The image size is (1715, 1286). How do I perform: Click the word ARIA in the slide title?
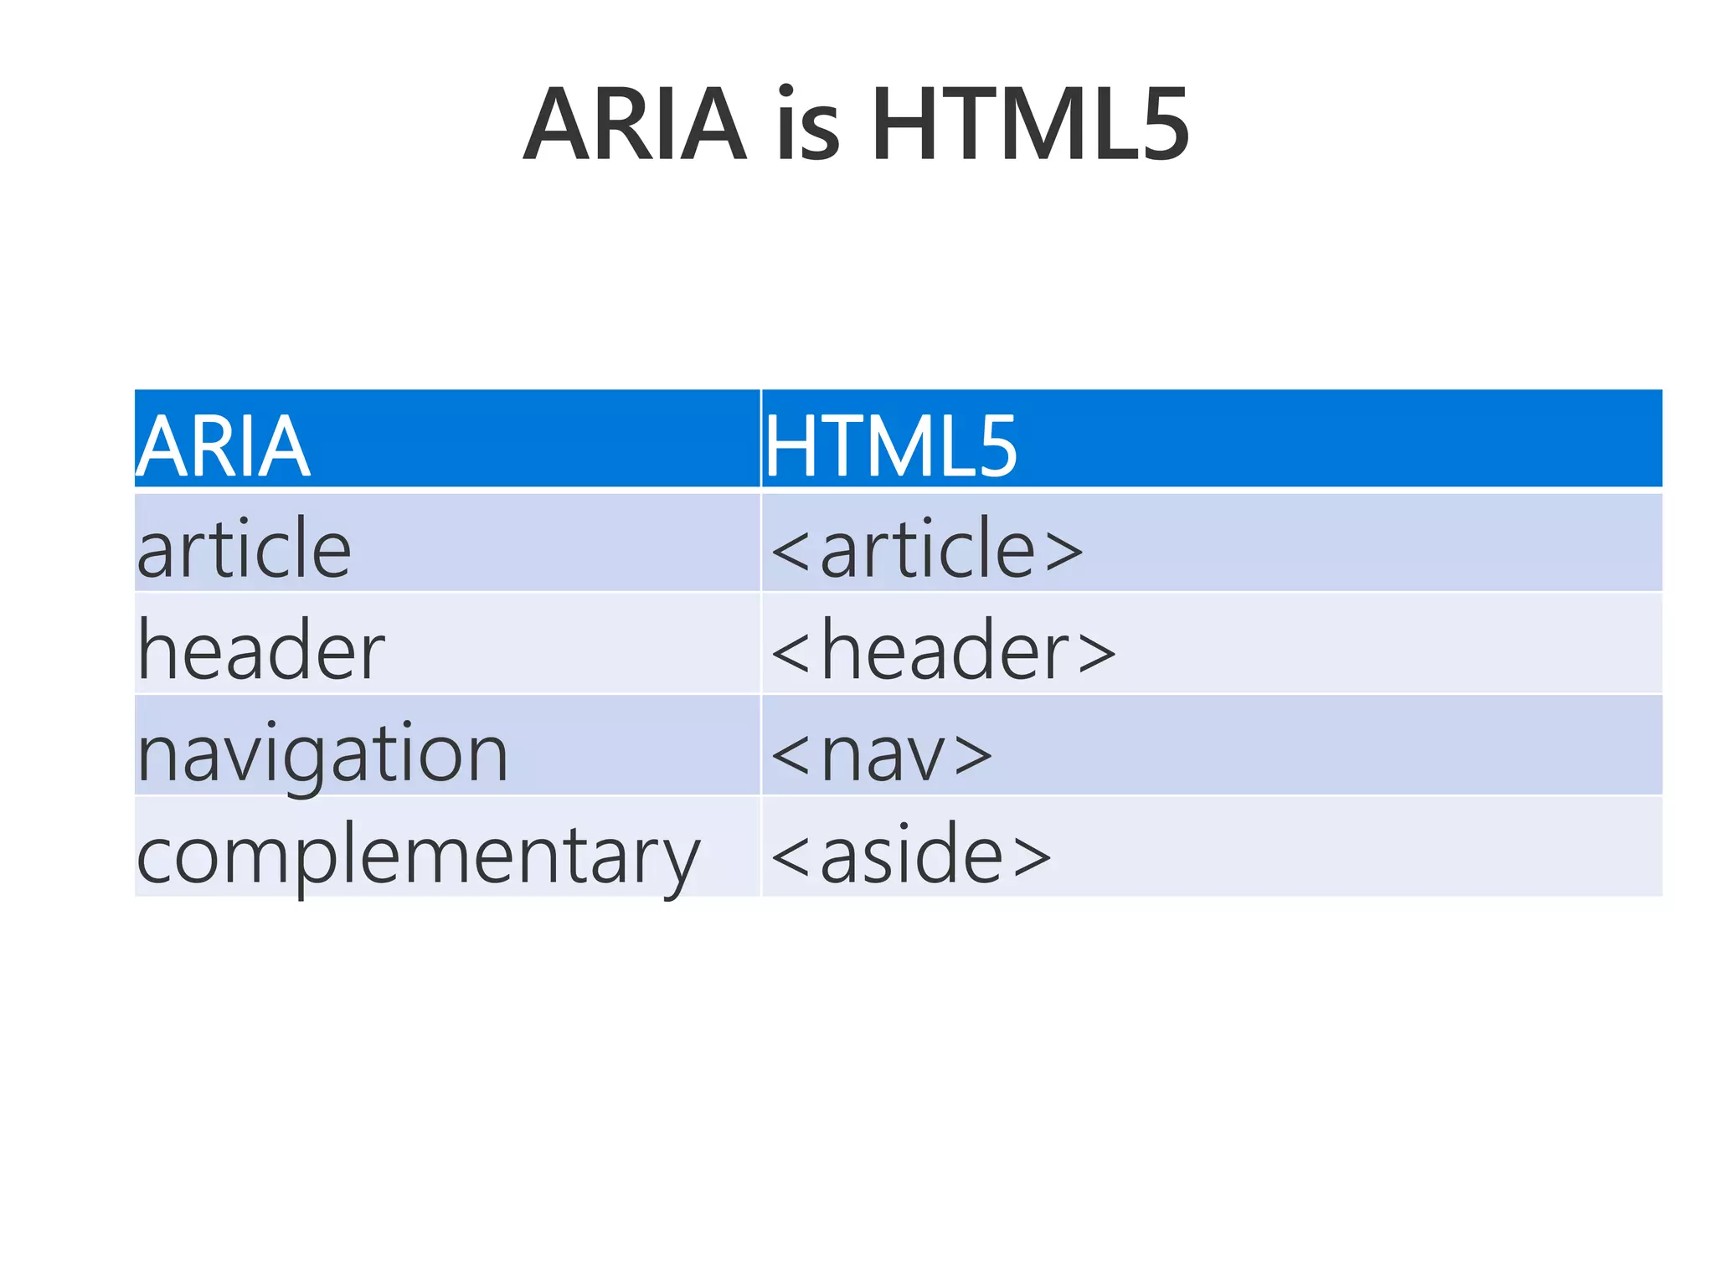point(634,126)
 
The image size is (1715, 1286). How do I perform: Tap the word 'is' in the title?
point(807,126)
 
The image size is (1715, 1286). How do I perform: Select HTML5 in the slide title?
point(1029,126)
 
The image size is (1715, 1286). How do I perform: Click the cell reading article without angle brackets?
point(244,549)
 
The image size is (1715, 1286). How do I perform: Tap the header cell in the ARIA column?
point(260,651)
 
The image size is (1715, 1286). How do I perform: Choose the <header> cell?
point(943,651)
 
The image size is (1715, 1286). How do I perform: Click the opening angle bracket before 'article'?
point(790,551)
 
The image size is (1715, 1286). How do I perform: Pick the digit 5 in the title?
point(1159,126)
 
